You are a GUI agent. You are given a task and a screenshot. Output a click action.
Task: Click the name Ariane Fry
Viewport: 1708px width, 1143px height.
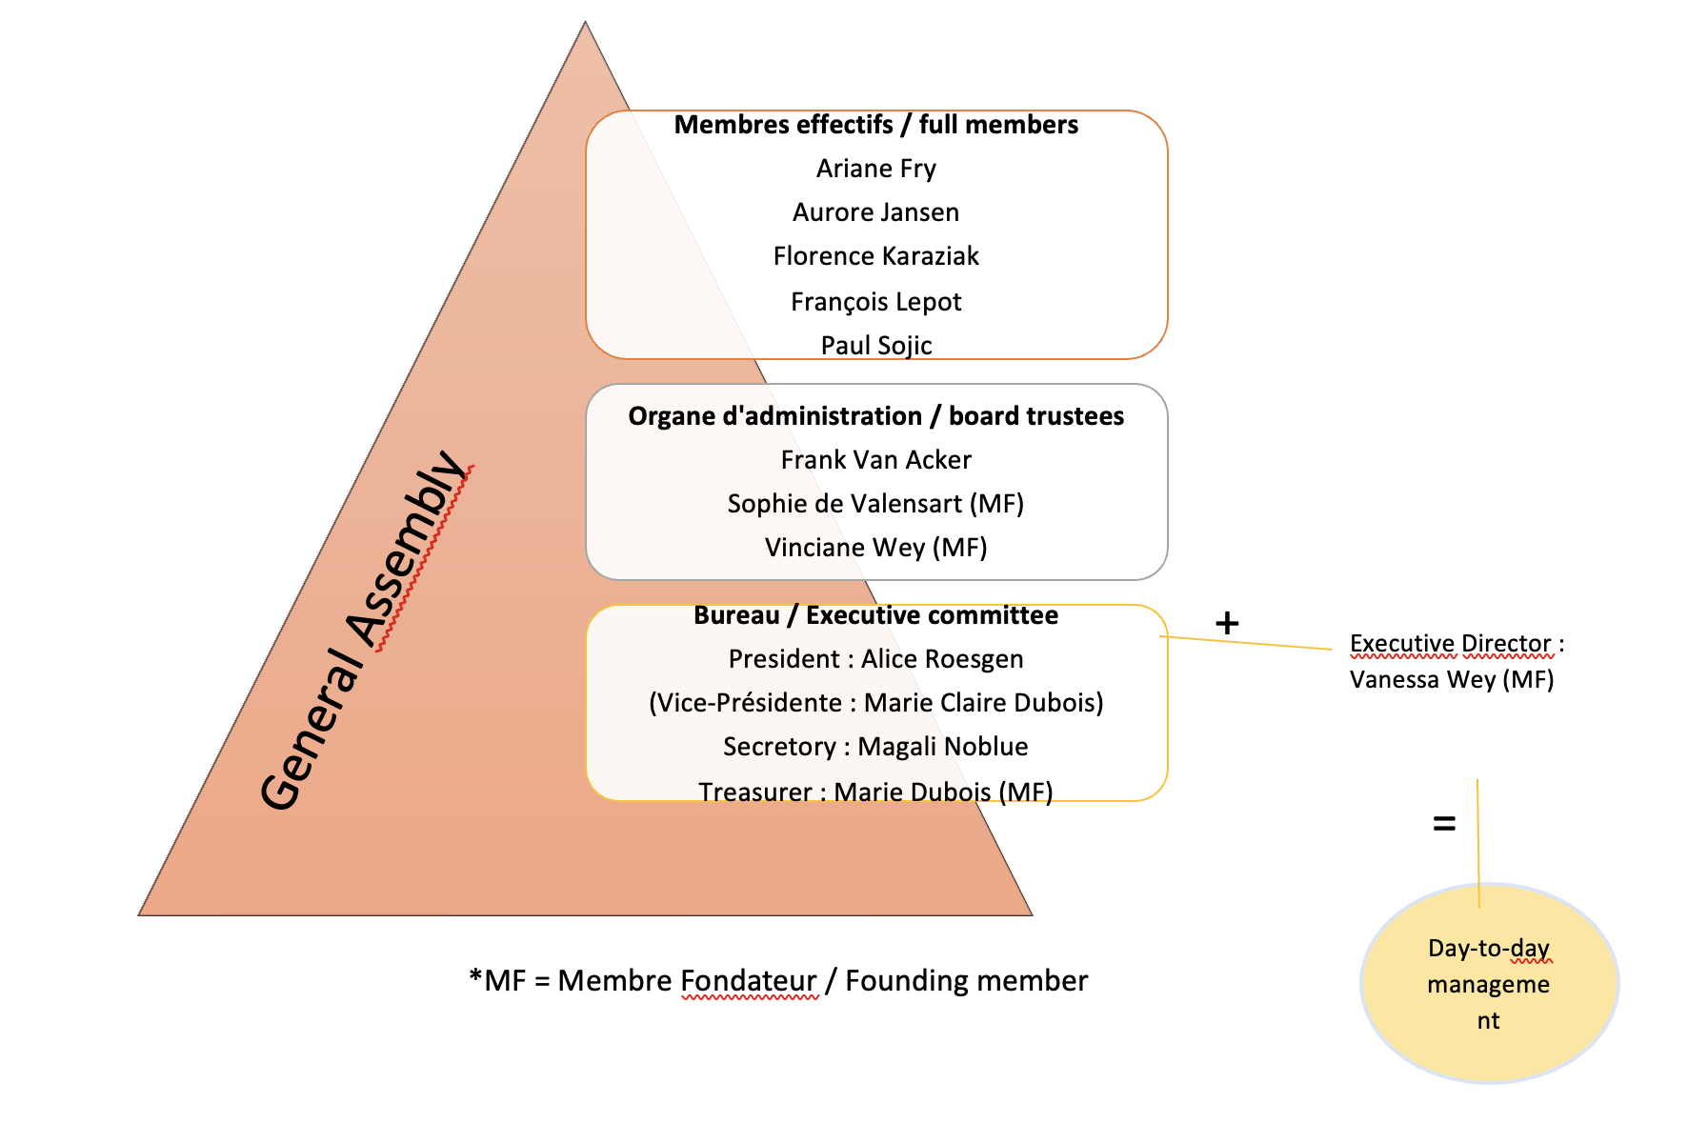875,169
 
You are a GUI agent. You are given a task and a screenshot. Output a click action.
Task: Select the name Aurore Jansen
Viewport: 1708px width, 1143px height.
875,212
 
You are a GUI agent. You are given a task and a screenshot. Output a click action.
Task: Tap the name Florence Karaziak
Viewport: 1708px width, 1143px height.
875,256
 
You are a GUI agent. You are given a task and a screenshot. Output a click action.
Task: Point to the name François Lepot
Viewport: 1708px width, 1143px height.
875,302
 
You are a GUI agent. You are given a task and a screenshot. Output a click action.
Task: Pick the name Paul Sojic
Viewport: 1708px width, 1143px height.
875,345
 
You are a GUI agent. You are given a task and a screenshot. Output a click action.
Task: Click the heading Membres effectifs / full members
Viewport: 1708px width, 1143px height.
875,125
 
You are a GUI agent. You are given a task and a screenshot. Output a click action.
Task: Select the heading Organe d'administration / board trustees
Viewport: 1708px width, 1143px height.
875,416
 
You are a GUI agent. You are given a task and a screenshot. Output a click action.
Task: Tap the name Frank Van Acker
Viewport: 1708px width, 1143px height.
875,460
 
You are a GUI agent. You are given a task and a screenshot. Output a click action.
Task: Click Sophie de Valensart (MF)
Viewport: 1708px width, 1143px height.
875,504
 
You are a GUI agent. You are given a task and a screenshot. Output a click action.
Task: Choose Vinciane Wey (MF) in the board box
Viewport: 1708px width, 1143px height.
875,548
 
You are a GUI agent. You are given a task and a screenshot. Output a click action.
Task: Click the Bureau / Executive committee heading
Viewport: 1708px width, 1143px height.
875,615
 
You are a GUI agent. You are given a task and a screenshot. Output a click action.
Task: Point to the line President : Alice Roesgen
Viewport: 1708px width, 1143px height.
875,659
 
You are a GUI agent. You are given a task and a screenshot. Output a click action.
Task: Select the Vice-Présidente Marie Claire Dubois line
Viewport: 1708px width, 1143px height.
875,703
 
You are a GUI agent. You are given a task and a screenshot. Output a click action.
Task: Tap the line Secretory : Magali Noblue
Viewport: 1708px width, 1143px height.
875,747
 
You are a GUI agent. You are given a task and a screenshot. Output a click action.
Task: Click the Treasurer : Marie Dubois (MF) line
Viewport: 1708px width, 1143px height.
875,792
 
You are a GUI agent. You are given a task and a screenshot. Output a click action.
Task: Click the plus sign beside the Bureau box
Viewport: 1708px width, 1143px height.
1227,623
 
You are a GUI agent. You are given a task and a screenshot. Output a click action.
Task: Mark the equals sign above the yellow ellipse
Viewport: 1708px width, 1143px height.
1444,823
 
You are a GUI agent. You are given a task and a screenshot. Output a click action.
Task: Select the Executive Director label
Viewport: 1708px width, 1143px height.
1457,644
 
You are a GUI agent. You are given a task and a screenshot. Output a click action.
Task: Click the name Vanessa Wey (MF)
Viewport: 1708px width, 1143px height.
1451,679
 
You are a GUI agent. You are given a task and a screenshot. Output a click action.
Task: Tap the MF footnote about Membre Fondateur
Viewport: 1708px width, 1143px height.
777,981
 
